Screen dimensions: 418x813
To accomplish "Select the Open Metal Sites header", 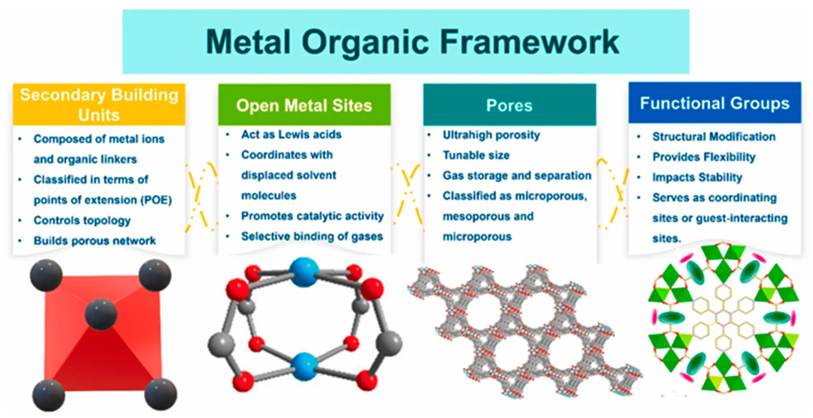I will pos(304,105).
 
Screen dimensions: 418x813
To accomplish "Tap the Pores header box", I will pos(509,105).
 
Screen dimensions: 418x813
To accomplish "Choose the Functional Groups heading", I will pos(715,103).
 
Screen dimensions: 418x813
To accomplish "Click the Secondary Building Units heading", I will pos(99,104).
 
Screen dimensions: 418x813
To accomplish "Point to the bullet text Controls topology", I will pos(82,220).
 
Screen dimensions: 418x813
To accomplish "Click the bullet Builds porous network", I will pos(95,241).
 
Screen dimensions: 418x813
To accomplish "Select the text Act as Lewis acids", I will pos(291,134).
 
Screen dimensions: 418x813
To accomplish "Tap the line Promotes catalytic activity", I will pos(312,216).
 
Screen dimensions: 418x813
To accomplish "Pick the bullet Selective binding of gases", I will pos(312,236).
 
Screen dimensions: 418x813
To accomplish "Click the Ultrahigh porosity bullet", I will pos(491,135).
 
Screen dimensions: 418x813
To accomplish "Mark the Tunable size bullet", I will pos(476,155).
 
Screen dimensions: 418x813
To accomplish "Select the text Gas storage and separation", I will pos(517,176).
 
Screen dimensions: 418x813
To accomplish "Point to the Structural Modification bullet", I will pos(714,137).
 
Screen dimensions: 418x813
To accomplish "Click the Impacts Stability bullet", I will pos(697,177).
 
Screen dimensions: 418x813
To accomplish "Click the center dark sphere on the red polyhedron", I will pos(101,314).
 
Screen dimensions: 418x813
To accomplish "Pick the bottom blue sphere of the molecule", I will pos(304,367).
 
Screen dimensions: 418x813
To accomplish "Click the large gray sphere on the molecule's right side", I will pos(389,343).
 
